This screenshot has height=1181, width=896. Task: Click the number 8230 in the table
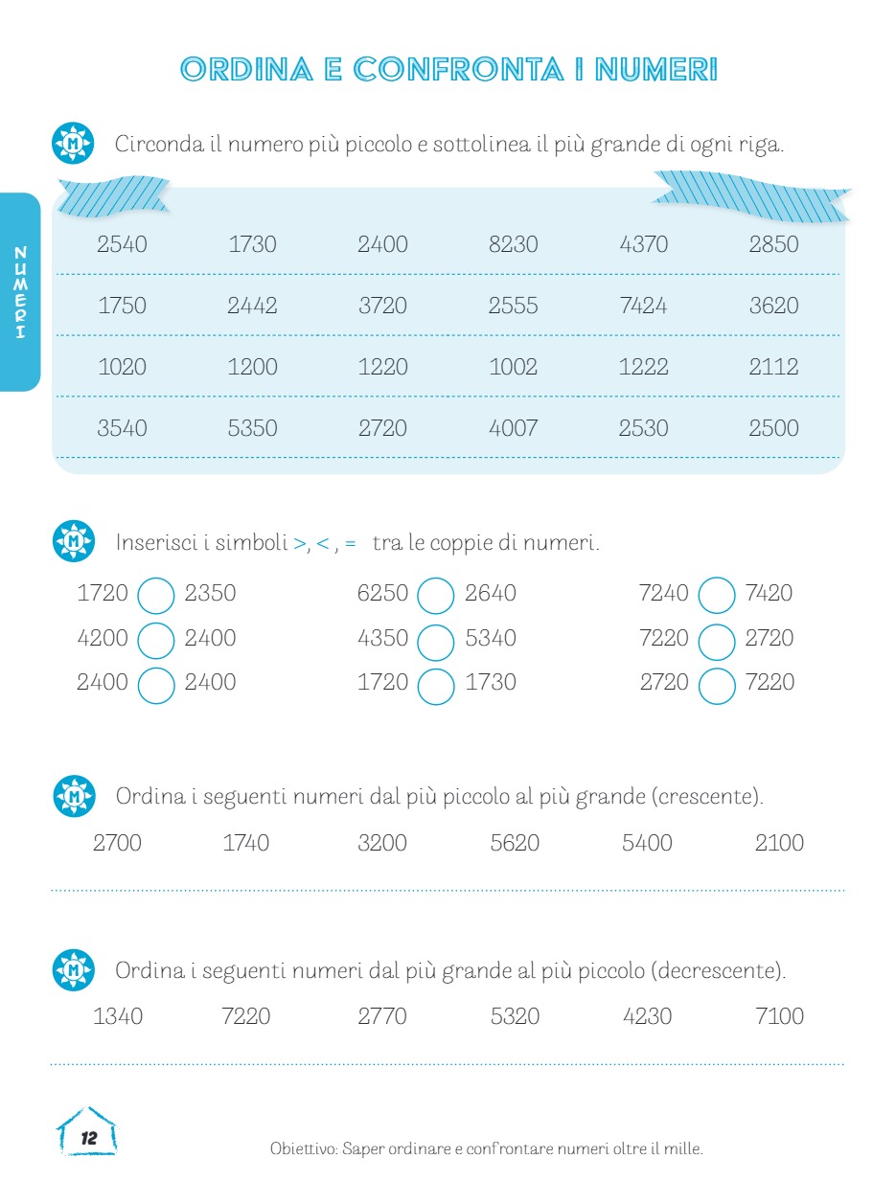(x=513, y=244)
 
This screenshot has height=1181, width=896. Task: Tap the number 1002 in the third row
(x=513, y=367)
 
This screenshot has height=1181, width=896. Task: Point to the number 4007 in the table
(x=513, y=428)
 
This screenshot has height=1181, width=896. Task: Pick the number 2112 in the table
(x=773, y=367)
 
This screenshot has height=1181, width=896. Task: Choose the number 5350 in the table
(x=252, y=428)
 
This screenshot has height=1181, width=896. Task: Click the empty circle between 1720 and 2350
(x=156, y=595)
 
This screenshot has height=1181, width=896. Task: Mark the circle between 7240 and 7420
(x=717, y=595)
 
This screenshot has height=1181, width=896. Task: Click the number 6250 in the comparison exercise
(x=382, y=594)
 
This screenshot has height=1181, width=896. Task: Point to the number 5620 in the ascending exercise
(x=515, y=844)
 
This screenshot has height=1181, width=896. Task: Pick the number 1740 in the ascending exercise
(x=245, y=844)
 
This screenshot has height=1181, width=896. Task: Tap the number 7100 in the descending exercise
(x=779, y=1016)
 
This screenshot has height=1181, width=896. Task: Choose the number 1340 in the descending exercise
(x=118, y=1016)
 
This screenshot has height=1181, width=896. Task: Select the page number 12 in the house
(x=89, y=1139)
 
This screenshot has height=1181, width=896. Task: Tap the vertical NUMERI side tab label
(x=21, y=292)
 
